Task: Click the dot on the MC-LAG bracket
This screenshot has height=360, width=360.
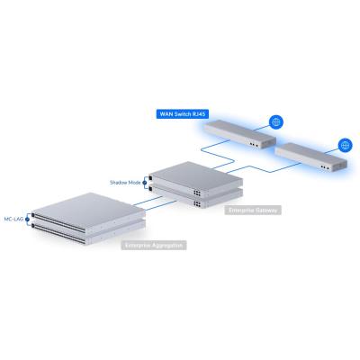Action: pyautogui.click(x=31, y=217)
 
